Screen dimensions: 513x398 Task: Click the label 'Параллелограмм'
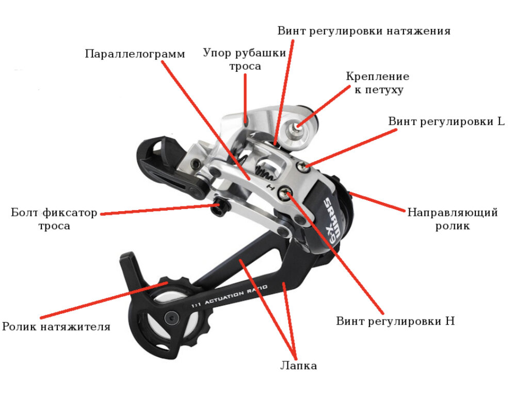pyautogui.click(x=135, y=54)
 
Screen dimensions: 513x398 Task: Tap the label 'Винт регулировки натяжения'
pyautogui.click(x=364, y=30)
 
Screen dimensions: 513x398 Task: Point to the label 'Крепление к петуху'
pyautogui.click(x=378, y=83)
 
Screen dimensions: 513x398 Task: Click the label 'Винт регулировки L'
pyautogui.click(x=446, y=122)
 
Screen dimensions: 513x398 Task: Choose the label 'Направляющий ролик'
pyautogui.click(x=453, y=218)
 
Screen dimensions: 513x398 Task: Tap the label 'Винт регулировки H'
pyautogui.click(x=395, y=321)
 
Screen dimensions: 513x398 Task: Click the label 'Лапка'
pyautogui.click(x=298, y=365)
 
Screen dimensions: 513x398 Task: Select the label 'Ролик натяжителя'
pyautogui.click(x=56, y=327)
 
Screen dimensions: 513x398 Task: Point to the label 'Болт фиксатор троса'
pyautogui.click(x=54, y=219)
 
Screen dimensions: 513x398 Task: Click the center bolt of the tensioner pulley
pyautogui.click(x=169, y=317)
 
